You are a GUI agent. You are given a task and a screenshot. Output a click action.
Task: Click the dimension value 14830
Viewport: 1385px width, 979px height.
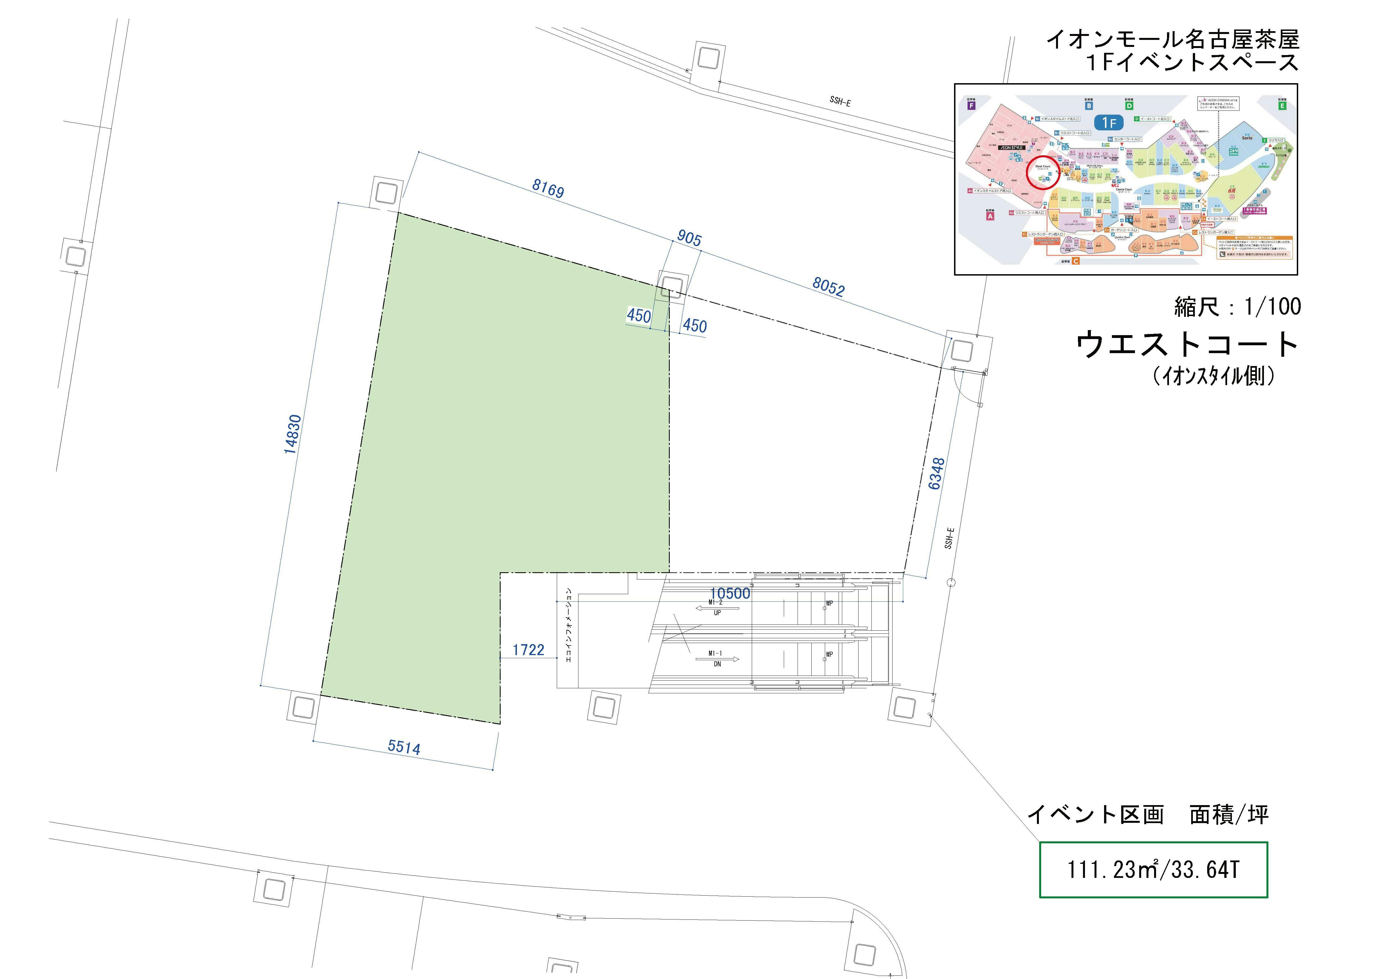coord(292,434)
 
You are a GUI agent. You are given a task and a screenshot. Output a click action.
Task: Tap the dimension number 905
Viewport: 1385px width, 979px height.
coord(689,238)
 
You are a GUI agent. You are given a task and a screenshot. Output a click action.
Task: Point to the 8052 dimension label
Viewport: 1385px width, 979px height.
coord(828,287)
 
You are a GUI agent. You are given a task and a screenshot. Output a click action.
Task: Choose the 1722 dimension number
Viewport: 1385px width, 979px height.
coord(528,650)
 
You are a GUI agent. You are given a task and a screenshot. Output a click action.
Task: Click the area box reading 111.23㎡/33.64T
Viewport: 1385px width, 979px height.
coord(1153,870)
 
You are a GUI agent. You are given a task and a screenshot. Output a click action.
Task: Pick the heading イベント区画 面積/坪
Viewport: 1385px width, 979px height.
coord(1147,815)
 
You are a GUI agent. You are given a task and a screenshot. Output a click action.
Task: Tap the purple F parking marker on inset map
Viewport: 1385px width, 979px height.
coord(971,106)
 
